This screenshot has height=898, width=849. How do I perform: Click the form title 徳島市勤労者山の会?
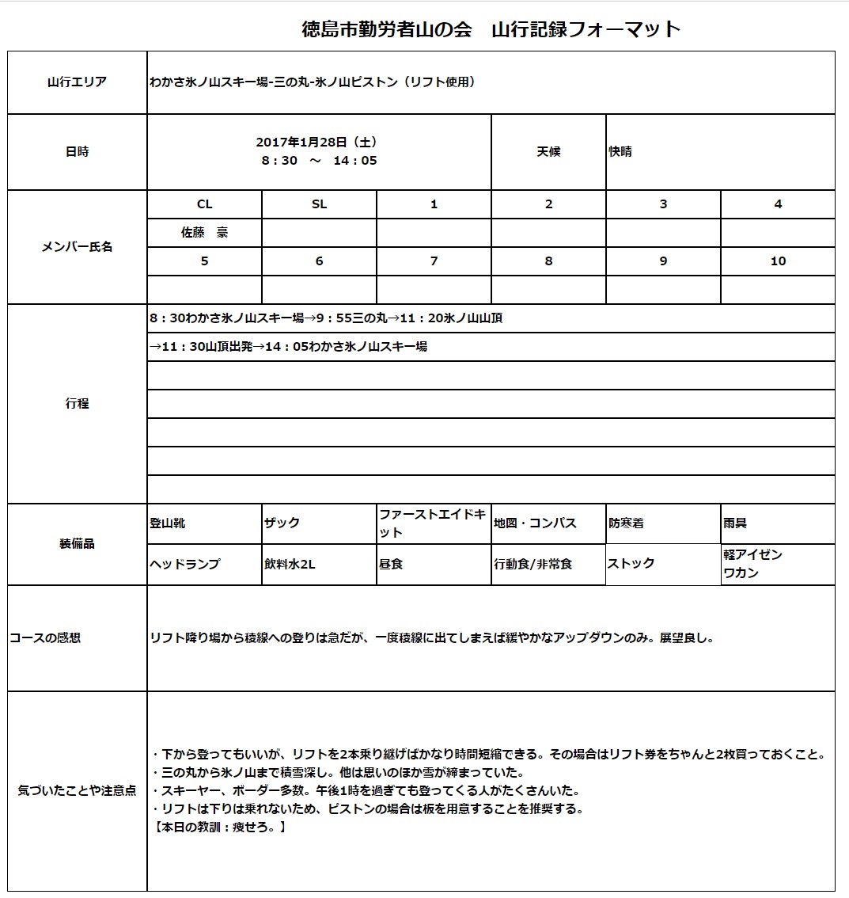coord(387,30)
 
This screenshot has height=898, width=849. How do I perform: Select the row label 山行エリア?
coord(77,82)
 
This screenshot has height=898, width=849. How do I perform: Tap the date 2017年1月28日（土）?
coord(316,143)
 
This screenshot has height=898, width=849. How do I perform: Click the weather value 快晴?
coord(620,152)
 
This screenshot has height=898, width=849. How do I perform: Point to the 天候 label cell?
coord(548,152)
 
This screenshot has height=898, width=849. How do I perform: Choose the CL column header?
coord(204,204)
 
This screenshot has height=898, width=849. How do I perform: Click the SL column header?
coord(319,204)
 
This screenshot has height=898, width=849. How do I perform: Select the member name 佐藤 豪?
coord(204,233)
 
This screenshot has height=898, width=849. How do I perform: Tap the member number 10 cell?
coord(778,261)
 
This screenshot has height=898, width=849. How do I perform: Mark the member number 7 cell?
coord(434,261)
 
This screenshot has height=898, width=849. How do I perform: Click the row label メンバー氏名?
coord(77,247)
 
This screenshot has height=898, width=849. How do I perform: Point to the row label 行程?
coord(77,404)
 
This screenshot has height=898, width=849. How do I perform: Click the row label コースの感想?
coord(45,638)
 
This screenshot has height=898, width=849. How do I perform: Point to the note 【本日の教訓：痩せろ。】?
coord(218,828)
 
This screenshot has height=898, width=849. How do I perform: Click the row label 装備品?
coord(77,544)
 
